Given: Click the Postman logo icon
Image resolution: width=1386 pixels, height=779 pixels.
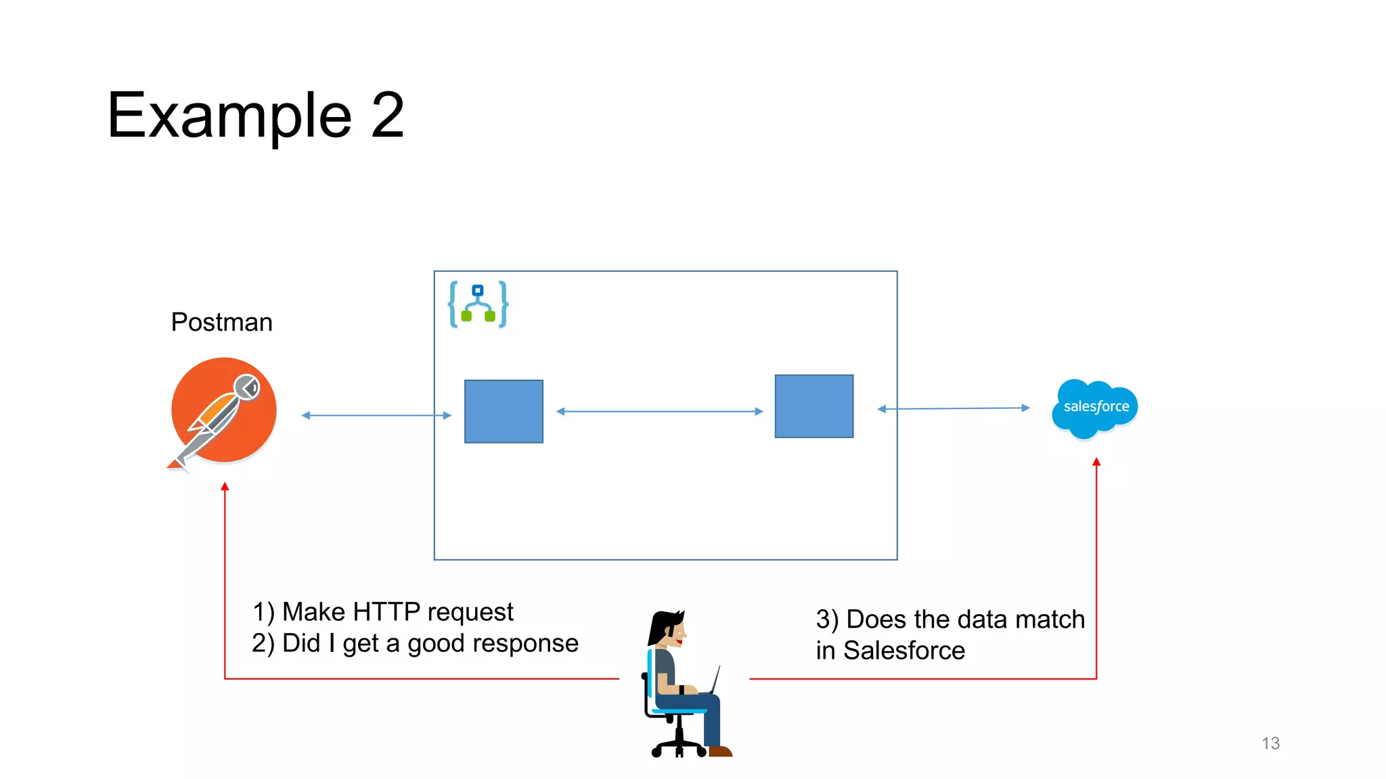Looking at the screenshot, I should coord(223,410).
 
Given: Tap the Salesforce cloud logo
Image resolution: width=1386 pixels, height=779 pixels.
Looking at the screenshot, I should coord(1095,407).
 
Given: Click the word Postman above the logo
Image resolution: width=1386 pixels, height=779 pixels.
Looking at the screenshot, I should coord(221,322).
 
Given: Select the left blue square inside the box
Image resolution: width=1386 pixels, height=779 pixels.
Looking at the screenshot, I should coord(504,411).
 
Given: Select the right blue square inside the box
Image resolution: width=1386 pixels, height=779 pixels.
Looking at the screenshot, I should coord(813,406).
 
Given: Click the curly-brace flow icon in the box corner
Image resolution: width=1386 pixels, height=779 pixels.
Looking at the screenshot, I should coord(478,304).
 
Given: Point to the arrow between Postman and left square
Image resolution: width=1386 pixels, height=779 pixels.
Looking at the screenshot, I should coord(376,415).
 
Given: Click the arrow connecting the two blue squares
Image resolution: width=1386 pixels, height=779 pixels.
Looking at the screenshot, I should coord(659,411).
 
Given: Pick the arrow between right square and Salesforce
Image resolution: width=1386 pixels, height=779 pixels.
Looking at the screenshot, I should coord(953,408).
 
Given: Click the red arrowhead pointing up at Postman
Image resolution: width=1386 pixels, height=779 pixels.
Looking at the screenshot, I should coord(225,486).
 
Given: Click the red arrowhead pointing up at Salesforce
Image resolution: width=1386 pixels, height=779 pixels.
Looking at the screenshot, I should coord(1096,462).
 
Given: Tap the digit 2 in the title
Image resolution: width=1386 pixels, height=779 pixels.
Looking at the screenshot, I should coord(387,115).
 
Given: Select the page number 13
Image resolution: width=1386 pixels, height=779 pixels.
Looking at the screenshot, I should coord(1270,743).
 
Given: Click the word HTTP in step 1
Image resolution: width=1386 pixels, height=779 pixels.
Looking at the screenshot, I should coord(386,611).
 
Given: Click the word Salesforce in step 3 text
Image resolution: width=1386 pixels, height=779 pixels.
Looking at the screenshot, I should coord(904,651).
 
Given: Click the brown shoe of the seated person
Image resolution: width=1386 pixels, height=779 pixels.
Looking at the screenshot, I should coord(720,751).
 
